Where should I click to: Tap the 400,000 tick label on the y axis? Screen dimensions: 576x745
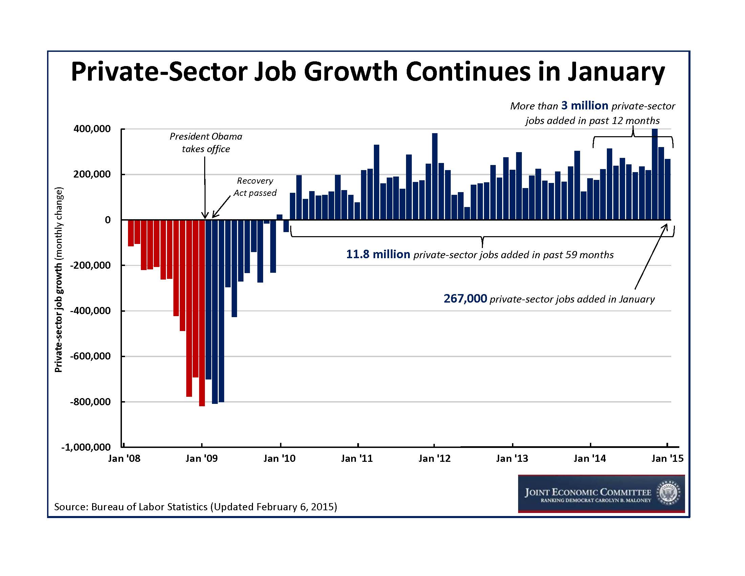pyautogui.click(x=92, y=129)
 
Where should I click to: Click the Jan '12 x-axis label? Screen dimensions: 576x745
pyautogui.click(x=434, y=458)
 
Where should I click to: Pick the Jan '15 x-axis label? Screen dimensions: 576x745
pyautogui.click(x=667, y=458)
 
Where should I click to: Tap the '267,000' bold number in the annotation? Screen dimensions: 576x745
pyautogui.click(x=465, y=299)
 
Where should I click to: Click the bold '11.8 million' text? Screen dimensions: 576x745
pyautogui.click(x=378, y=254)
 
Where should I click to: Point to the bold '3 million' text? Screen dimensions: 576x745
pyautogui.click(x=585, y=106)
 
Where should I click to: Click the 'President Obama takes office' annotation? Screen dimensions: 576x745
pyautogui.click(x=206, y=143)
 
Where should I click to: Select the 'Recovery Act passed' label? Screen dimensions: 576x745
pyautogui.click(x=255, y=187)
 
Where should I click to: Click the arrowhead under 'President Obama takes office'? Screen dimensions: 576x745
pyautogui.click(x=205, y=215)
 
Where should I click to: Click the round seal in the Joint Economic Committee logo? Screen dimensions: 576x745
pyautogui.click(x=669, y=493)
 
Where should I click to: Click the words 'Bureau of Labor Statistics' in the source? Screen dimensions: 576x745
pyautogui.click(x=149, y=507)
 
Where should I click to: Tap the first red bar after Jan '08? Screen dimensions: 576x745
pyautogui.click(x=131, y=233)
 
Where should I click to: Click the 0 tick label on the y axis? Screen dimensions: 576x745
pyautogui.click(x=108, y=220)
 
